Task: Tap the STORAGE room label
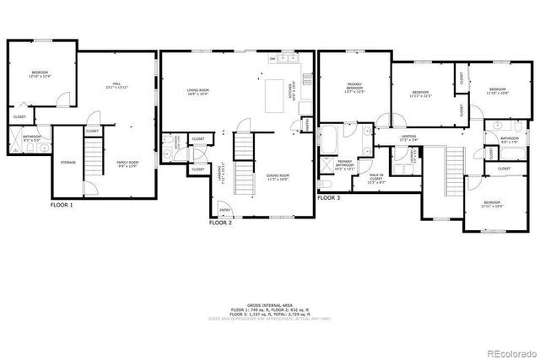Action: (68, 163)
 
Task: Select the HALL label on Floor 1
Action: (117, 84)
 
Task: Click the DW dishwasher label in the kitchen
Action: (272, 59)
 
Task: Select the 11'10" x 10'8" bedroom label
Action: (498, 91)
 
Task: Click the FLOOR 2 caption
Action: (220, 223)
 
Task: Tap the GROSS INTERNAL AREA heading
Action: (270, 305)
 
